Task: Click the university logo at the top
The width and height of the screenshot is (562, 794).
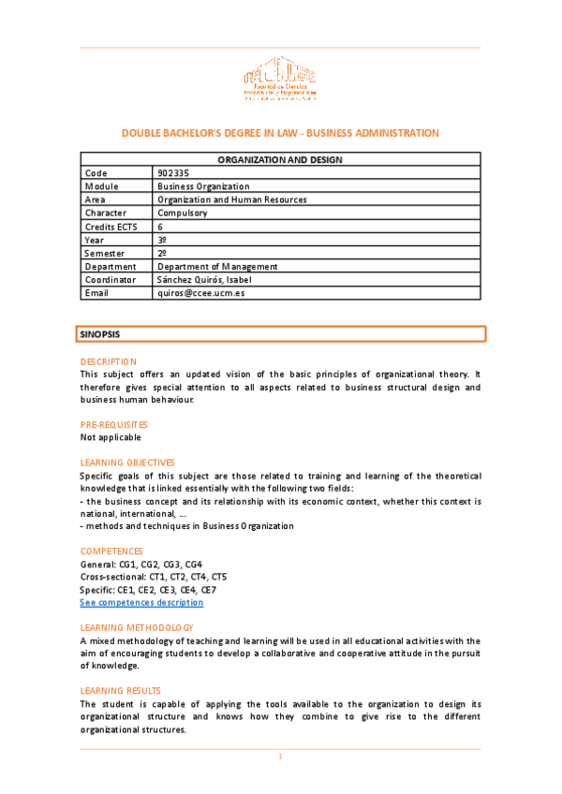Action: tap(280, 79)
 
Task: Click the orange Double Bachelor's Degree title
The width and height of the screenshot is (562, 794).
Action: tap(280, 133)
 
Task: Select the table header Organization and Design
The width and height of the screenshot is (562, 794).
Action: tap(280, 160)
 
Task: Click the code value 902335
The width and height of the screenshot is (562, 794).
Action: tap(171, 173)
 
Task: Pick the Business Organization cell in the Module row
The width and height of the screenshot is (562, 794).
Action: tap(203, 186)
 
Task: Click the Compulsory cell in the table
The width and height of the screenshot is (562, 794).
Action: tap(183, 213)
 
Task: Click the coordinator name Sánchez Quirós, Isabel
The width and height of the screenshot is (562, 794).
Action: tap(204, 279)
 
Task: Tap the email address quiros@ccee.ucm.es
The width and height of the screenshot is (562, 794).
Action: tap(200, 292)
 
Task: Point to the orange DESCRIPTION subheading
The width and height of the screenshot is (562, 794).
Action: tap(108, 361)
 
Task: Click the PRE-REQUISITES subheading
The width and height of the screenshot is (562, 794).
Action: tap(113, 424)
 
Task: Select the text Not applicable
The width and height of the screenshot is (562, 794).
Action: tap(111, 437)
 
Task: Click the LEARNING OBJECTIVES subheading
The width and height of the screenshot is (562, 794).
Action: tap(127, 463)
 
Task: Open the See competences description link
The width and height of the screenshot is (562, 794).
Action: tap(141, 602)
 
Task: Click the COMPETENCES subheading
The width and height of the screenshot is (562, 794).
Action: tap(111, 551)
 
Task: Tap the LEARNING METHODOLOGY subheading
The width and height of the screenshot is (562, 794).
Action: tap(137, 627)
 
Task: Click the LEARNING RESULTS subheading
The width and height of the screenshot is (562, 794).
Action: tap(119, 690)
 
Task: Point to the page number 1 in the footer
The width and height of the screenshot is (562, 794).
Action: tap(280, 757)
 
